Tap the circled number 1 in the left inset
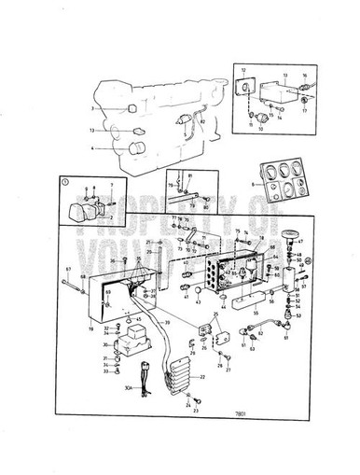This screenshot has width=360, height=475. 63,182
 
